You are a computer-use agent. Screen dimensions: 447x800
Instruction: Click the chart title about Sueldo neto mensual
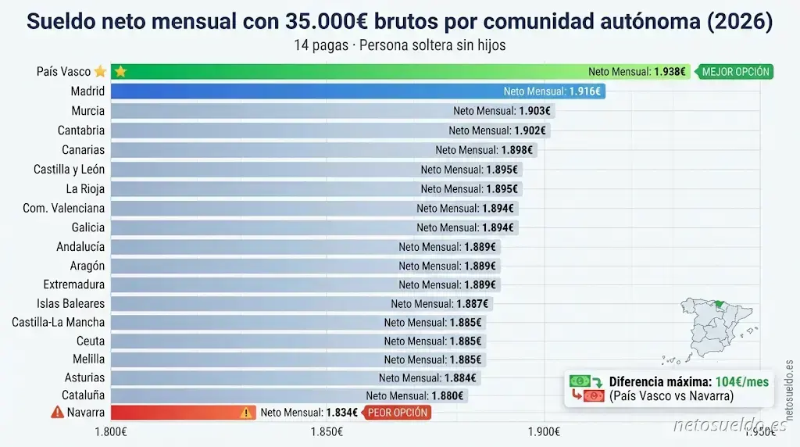click(399, 21)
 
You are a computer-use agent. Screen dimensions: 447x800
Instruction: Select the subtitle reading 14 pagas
click(399, 45)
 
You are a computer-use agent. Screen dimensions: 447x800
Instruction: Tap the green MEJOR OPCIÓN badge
click(735, 72)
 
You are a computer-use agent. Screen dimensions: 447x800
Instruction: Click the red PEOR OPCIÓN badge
click(398, 413)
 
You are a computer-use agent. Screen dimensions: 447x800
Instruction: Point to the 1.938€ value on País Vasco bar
click(670, 72)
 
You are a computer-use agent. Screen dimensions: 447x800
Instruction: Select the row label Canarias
click(83, 149)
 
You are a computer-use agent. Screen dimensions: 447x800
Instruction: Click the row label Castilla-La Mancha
click(58, 322)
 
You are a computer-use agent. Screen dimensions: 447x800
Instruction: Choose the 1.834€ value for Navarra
click(342, 413)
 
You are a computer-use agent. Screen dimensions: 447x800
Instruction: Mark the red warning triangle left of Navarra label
click(57, 413)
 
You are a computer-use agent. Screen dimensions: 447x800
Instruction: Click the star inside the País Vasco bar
click(120, 72)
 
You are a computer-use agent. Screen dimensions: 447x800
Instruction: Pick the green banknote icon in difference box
click(579, 381)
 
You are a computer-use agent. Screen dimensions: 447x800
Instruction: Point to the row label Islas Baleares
click(70, 303)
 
